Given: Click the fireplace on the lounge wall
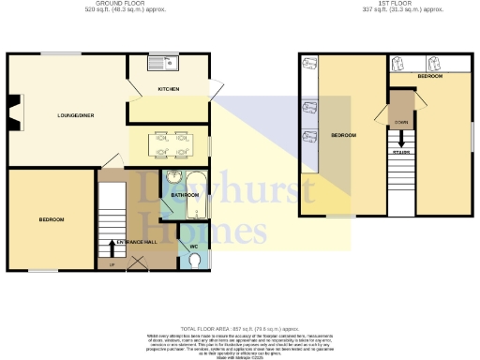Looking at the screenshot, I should point(12,112).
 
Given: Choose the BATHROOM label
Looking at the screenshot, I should point(185,194).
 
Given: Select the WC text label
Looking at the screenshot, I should point(194,247).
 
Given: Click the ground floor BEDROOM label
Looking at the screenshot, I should point(51,219).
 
